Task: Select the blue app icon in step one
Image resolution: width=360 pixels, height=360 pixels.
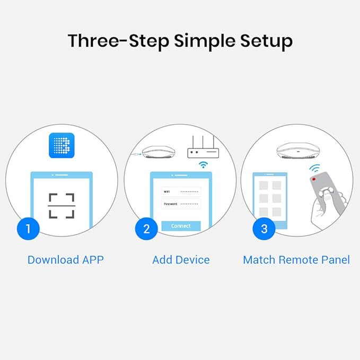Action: (x=61, y=145)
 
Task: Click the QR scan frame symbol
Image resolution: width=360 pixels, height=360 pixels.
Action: (x=62, y=206)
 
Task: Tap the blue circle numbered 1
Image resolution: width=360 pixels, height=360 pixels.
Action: (x=28, y=229)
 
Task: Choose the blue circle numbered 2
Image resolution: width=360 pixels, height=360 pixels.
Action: (x=146, y=229)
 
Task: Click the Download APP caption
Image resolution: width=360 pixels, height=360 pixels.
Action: (x=65, y=260)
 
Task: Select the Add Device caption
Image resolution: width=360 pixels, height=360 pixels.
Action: (x=181, y=260)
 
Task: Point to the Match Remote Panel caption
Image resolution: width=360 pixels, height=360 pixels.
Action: (x=296, y=260)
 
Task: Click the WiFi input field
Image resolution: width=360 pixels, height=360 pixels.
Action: (x=181, y=191)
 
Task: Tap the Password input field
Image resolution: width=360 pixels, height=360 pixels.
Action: (x=181, y=204)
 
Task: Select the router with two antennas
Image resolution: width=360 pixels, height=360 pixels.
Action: (x=203, y=149)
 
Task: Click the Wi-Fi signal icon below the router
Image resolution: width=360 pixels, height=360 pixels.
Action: (x=203, y=165)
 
